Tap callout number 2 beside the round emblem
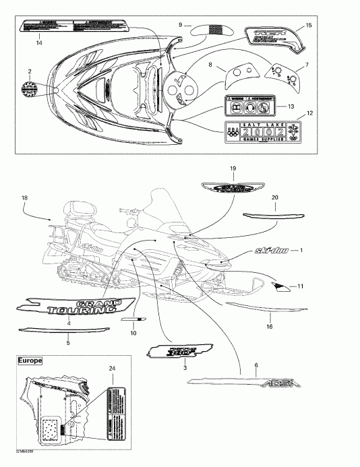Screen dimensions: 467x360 (29, 70)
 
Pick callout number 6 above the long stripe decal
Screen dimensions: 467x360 (256, 365)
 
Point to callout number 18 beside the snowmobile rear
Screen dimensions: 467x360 (24, 197)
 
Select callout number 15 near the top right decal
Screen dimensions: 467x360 (308, 25)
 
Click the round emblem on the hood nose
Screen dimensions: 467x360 (30, 88)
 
